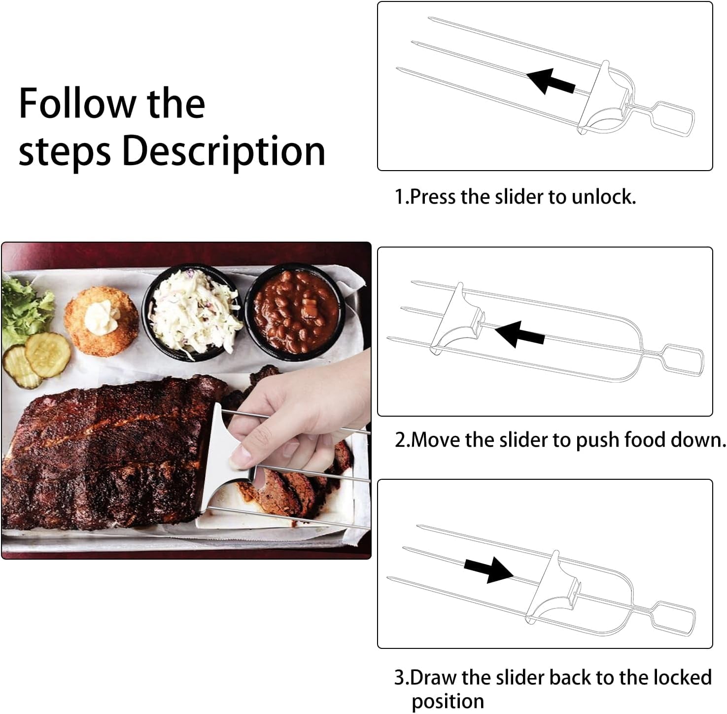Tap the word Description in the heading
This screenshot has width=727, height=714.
(x=224, y=151)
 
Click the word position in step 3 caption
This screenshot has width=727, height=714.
(x=448, y=701)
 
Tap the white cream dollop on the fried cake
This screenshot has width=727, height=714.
(x=101, y=318)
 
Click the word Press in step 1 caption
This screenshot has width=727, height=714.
(x=432, y=197)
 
